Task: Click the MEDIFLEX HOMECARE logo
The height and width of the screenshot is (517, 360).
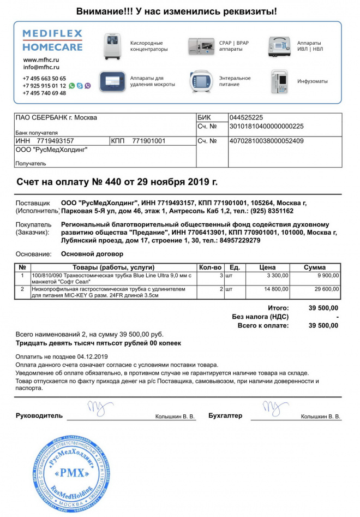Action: (x=52, y=40)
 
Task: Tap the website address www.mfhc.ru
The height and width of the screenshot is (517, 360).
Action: (x=41, y=60)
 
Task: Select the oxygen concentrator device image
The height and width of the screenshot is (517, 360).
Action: (x=113, y=46)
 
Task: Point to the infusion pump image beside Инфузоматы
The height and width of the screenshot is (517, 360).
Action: (x=279, y=81)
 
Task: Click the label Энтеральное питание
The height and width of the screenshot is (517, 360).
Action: (x=235, y=81)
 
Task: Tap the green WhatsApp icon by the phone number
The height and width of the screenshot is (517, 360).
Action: (x=72, y=86)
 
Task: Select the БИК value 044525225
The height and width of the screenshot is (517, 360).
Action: (x=246, y=117)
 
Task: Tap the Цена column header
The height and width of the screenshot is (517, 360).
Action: (x=267, y=268)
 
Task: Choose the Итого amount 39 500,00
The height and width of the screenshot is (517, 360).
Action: (x=323, y=308)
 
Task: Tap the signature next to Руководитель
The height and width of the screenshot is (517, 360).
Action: (x=100, y=408)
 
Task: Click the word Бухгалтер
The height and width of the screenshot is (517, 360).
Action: (x=225, y=416)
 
